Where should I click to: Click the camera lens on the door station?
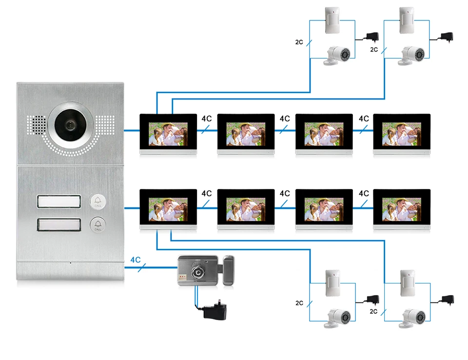click(x=69, y=124)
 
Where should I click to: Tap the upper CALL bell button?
click(x=97, y=202)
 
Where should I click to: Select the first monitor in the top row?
click(x=168, y=133)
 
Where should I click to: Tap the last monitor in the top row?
click(x=402, y=133)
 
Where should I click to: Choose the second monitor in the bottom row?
click(x=246, y=209)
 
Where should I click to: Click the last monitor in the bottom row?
click(x=402, y=209)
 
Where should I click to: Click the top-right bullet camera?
click(x=413, y=55)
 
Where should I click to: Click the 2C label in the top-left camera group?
click(x=299, y=42)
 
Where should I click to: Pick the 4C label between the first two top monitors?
click(x=207, y=118)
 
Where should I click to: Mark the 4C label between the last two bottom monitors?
click(x=364, y=193)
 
